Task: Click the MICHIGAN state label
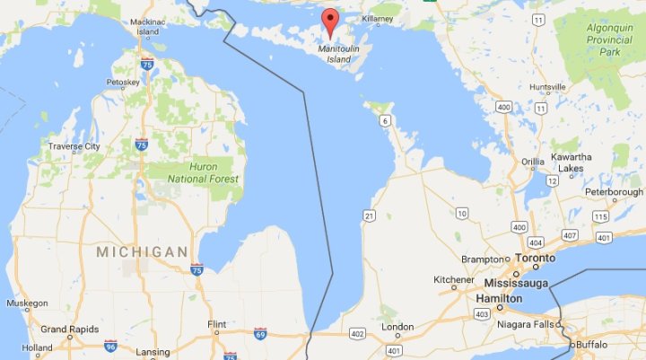pos(143,251)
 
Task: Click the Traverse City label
pos(74,146)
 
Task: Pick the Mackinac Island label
pos(147,24)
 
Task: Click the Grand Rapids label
pos(68,329)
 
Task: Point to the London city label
pos(398,327)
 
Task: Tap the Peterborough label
pos(614,192)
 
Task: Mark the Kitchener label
pos(453,280)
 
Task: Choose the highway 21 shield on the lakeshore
pos(369,215)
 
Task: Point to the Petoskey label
pos(124,83)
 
